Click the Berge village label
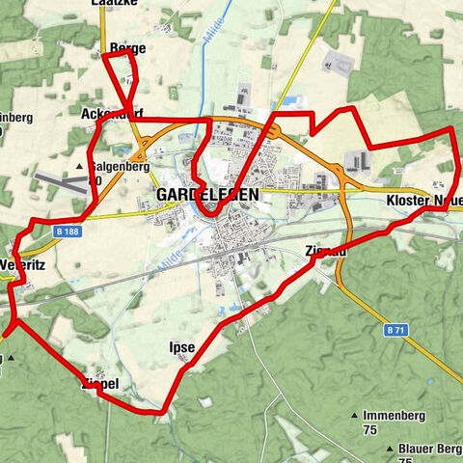pos(128,47)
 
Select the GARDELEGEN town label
pos(206,195)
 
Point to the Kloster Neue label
pos(422,200)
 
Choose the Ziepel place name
pos(100,383)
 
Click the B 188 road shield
pos(67,231)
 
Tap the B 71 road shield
pos(394,330)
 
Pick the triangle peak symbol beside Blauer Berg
pos(389,449)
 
